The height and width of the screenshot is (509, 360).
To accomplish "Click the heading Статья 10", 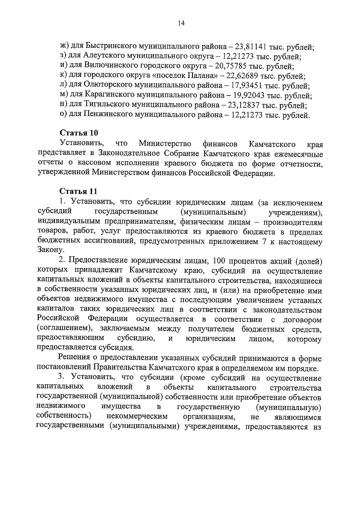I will click(79, 133).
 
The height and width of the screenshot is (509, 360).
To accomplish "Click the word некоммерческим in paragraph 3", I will click(137, 417).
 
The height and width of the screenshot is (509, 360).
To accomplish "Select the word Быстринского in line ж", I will click(111, 46).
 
